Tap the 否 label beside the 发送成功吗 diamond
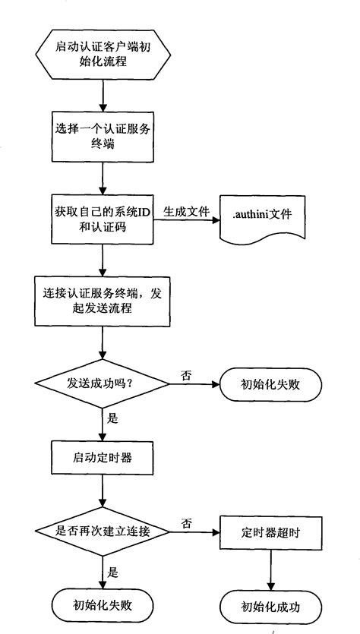point(187,374)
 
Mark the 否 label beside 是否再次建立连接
point(187,523)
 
